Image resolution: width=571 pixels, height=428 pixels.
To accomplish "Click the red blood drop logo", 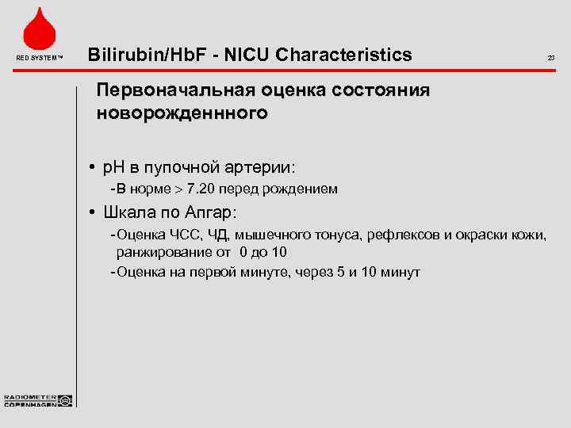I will pos(38,29).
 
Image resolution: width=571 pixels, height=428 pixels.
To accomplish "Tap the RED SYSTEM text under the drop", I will pos(38,58).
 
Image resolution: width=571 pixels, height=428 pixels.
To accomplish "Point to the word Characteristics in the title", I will pos(342,55).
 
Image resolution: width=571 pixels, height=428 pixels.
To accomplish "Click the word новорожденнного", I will pos(182,113).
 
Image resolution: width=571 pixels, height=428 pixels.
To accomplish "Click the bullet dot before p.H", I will pos(93,168).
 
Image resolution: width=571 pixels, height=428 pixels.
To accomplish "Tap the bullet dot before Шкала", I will pos(93,213).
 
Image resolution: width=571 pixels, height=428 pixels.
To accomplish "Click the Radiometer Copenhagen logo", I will pos(38,400).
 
